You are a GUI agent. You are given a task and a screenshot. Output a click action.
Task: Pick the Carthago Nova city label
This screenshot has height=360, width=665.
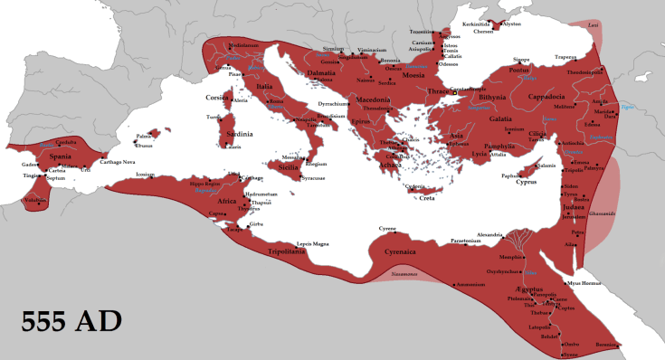pyautogui.click(x=136, y=164)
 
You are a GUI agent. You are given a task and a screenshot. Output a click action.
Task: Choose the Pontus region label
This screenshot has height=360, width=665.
pyautogui.click(x=541, y=70)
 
